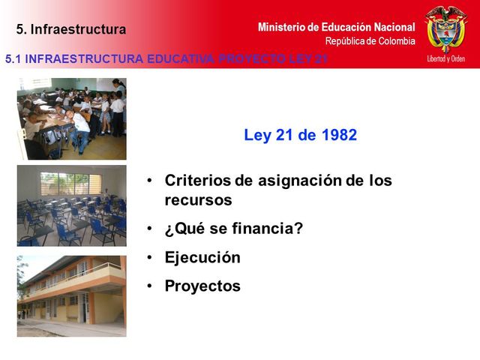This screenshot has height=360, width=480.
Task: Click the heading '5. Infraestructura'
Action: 71,30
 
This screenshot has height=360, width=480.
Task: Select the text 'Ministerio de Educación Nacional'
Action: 336,27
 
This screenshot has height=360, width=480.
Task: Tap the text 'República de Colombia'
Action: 370,41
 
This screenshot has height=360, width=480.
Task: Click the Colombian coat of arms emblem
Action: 445,28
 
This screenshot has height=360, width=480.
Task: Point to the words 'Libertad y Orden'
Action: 446,58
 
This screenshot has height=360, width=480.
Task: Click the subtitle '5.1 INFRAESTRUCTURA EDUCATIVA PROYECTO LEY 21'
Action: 166,58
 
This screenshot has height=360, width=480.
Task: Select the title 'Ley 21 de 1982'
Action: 300,136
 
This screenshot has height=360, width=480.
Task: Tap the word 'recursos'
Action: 198,200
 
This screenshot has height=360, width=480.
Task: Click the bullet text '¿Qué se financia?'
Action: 233,228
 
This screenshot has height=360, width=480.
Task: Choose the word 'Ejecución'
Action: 202,257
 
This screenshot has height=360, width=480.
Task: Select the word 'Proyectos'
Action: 202,286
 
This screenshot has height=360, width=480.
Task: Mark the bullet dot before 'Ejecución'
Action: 150,257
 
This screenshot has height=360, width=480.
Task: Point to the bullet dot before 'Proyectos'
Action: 150,286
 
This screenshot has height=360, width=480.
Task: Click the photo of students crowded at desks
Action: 72,118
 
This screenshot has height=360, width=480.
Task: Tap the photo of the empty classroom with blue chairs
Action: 72,205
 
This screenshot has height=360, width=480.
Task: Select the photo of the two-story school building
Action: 72,295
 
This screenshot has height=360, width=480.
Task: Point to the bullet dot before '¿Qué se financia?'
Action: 150,228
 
